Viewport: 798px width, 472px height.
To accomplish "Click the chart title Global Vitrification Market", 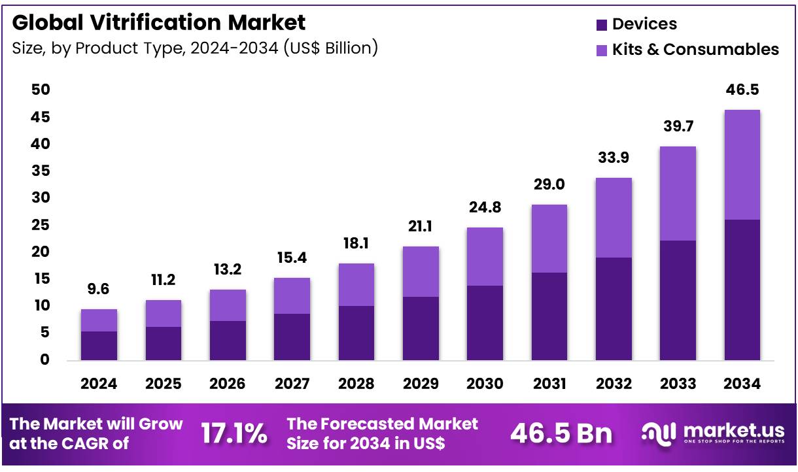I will pyautogui.click(x=158, y=23).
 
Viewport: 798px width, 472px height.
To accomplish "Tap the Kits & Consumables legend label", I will pyautogui.click(x=695, y=50).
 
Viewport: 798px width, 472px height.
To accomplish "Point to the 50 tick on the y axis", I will pyautogui.click(x=41, y=90).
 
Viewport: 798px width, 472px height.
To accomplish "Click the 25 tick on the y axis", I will pyautogui.click(x=41, y=225).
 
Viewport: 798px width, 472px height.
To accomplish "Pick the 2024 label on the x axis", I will pyautogui.click(x=99, y=384).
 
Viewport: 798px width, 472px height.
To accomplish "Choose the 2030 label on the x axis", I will pyautogui.click(x=485, y=384).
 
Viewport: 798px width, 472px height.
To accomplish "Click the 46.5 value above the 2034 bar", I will pyautogui.click(x=742, y=90).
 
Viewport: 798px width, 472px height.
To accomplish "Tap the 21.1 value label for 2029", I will pyautogui.click(x=421, y=227).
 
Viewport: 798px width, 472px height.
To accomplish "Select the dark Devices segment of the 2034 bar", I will pyautogui.click(x=742, y=290).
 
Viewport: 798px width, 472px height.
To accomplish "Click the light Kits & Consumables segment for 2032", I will pyautogui.click(x=614, y=217).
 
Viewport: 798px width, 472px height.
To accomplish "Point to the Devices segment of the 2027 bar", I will pyautogui.click(x=292, y=337).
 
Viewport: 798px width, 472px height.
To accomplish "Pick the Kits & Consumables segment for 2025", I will pyautogui.click(x=163, y=313).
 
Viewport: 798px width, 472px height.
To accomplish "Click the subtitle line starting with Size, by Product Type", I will pyautogui.click(x=195, y=48).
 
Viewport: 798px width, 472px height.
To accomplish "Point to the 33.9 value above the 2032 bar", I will pyautogui.click(x=614, y=158).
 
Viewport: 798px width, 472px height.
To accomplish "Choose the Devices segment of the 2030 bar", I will pyautogui.click(x=485, y=322).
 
